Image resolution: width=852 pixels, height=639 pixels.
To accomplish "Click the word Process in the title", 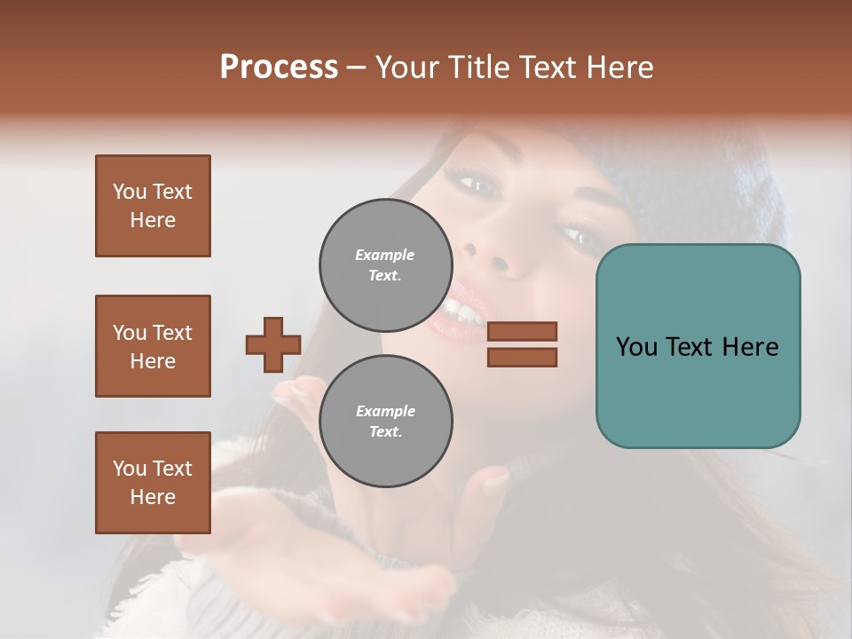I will point(279,67).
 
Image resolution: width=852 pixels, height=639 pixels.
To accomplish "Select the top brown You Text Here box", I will point(153,206).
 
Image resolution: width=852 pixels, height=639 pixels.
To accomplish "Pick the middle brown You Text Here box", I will point(153,346).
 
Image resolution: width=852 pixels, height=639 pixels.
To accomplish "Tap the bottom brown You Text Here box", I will point(153,483).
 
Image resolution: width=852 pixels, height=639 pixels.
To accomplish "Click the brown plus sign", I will point(273,344).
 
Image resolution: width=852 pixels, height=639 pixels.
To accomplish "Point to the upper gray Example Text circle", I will point(385,264).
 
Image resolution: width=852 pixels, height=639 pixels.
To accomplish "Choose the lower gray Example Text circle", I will point(385,421).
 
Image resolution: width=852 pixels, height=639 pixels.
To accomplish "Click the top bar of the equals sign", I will point(522,331).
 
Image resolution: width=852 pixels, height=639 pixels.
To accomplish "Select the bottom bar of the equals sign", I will point(522,357).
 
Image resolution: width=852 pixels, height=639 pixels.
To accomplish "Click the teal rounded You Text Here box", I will point(698,346).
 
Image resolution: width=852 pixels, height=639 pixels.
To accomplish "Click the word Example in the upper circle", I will point(385,255).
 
